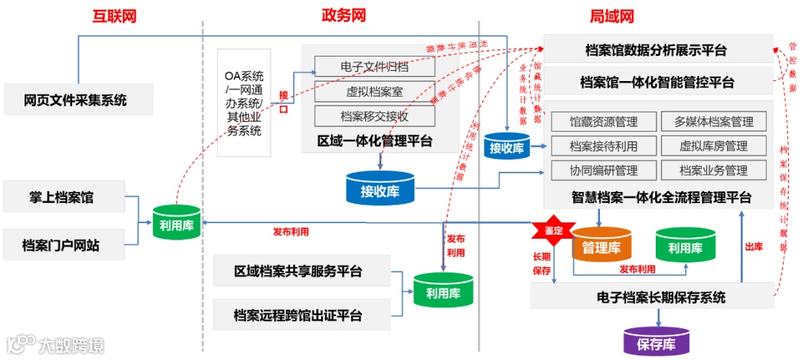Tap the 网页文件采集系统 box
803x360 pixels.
click(77, 100)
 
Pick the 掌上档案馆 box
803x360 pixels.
click(63, 198)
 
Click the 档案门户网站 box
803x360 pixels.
click(63, 244)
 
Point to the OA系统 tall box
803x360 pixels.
click(244, 103)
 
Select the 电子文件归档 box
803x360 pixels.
click(375, 67)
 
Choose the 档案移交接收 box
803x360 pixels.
click(375, 115)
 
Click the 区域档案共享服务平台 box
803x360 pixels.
click(300, 271)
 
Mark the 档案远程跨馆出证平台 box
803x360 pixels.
click(300, 315)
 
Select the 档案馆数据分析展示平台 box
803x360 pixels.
click(657, 50)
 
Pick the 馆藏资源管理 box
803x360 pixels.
click(604, 122)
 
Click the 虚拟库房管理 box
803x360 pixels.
click(713, 146)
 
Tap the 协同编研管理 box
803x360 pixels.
click(604, 170)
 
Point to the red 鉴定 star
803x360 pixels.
click(553, 231)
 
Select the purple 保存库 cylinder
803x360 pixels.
click(656, 343)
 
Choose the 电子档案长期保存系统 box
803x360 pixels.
click(651, 297)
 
